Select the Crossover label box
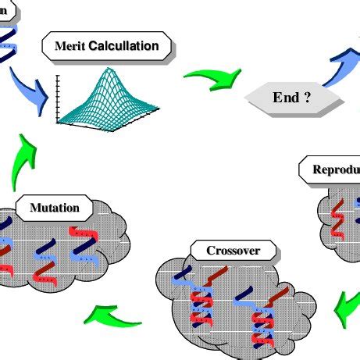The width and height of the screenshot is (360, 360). [x=233, y=251]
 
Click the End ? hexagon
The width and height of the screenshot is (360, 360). [x=294, y=99]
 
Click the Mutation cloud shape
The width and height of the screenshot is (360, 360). [x=55, y=250]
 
